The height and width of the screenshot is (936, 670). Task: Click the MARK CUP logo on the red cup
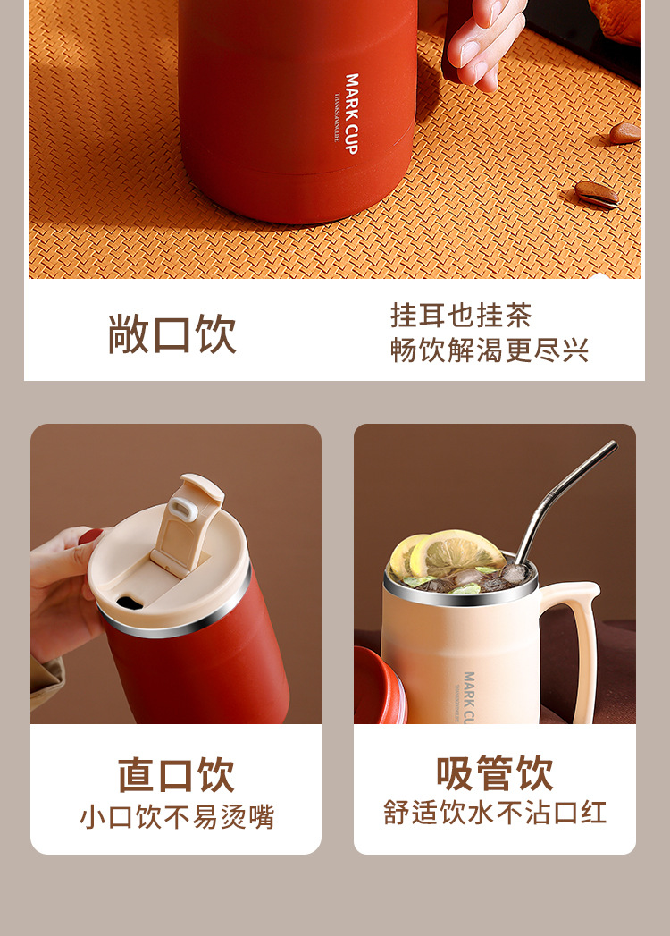[351, 114]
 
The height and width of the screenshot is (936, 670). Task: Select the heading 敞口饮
[172, 333]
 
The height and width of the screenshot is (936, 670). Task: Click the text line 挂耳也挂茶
[461, 316]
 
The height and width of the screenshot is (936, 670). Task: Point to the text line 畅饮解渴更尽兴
[490, 350]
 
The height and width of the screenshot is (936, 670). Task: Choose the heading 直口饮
[176, 774]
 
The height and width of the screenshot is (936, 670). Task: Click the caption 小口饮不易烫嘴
[176, 817]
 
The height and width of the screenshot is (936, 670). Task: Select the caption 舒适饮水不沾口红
[494, 813]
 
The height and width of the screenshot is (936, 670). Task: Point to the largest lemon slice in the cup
[456, 551]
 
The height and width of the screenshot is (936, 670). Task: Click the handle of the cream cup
[580, 644]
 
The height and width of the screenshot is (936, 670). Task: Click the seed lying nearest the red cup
[596, 193]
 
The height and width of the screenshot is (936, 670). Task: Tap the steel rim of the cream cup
[462, 596]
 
